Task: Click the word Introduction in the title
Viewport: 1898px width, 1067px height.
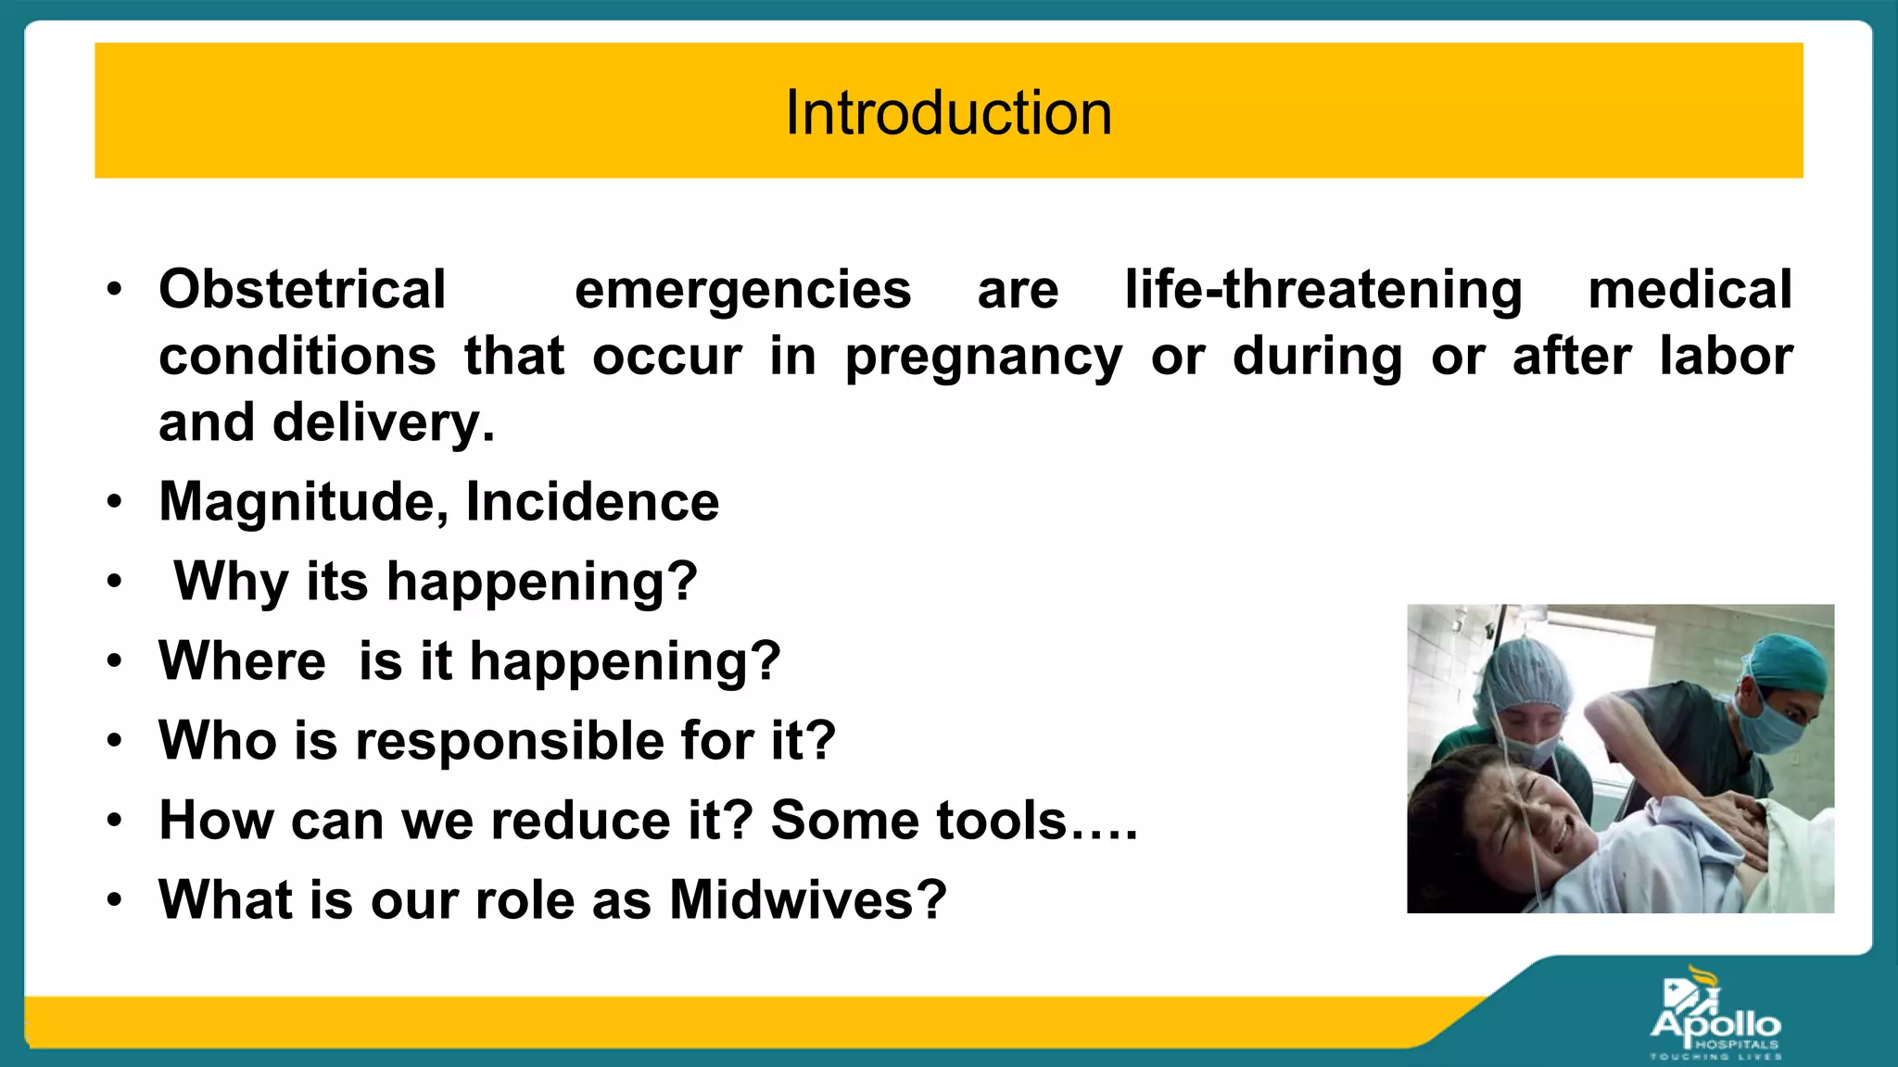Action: [948, 113]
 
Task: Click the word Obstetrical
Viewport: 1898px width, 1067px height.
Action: [302, 289]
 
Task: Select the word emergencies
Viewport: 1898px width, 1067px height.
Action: [742, 289]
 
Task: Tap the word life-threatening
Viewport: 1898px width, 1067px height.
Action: [1322, 289]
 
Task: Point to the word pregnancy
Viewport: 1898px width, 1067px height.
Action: [982, 358]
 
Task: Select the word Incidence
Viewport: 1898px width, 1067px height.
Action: [592, 502]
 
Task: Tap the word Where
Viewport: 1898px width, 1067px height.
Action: [242, 661]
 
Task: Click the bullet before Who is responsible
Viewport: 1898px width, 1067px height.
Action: [114, 741]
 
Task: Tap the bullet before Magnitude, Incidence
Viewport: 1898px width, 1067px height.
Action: [114, 502]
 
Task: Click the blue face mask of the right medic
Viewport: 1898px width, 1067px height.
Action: [1770, 725]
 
